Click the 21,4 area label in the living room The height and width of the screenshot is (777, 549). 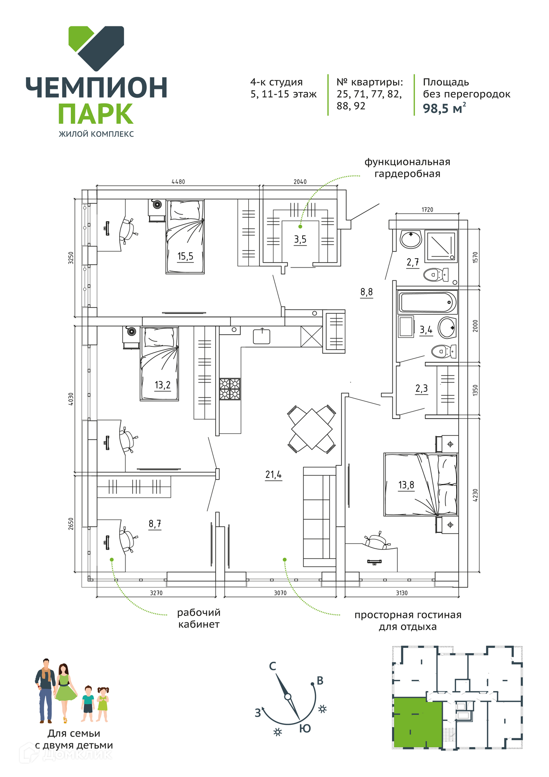tap(273, 474)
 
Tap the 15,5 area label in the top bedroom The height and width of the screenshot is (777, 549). tap(185, 256)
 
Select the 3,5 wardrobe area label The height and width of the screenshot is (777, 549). tap(300, 240)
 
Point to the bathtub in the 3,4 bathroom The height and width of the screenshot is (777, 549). tap(428, 302)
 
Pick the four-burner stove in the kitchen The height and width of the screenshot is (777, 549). tap(230, 389)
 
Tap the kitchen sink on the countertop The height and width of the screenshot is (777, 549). tap(261, 336)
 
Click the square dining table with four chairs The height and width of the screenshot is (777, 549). tap(312, 429)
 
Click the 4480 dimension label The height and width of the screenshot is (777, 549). tap(178, 182)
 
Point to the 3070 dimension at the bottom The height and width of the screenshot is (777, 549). tap(280, 593)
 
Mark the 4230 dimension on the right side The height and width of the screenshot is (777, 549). tap(475, 495)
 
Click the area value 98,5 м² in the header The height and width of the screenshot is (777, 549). tap(444, 108)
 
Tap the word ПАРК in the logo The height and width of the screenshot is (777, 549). tap(96, 114)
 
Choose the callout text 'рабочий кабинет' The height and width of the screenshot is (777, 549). tap(199, 618)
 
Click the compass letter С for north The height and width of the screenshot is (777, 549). tap(273, 666)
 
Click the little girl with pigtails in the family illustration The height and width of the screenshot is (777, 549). tap(102, 704)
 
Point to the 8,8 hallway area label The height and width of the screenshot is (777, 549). tap(367, 292)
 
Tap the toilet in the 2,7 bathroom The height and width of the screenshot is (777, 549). tap(436, 275)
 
